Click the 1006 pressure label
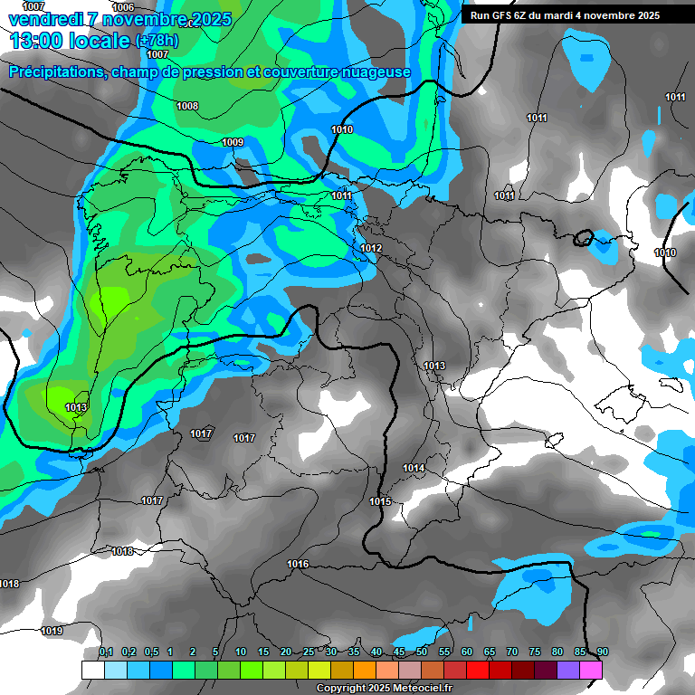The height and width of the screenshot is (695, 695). click(x=123, y=7)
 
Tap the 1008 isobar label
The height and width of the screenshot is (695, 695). click(x=187, y=106)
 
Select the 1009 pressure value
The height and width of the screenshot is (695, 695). click(x=233, y=142)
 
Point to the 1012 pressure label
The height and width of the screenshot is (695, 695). click(x=371, y=248)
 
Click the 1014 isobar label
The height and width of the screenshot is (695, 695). click(x=414, y=468)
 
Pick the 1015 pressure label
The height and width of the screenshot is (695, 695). click(x=380, y=501)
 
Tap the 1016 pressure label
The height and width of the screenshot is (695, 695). click(x=298, y=564)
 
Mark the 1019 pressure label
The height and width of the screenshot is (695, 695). click(x=52, y=631)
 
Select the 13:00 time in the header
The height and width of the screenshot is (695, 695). click(x=35, y=41)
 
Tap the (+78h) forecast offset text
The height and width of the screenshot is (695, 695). click(x=157, y=41)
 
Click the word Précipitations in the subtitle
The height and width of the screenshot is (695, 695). click(x=55, y=72)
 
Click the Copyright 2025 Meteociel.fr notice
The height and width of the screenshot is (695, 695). click(x=384, y=688)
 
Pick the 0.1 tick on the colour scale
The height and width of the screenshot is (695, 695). click(x=106, y=652)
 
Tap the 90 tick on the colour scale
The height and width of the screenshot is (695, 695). click(x=602, y=652)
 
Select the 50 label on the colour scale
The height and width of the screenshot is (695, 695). click(x=422, y=652)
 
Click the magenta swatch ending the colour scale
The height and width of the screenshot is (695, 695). click(x=591, y=670)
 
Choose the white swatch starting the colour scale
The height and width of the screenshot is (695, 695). click(x=92, y=670)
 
